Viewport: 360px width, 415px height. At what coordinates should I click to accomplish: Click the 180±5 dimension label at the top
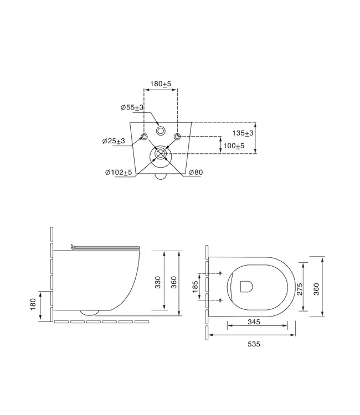(x=161, y=84)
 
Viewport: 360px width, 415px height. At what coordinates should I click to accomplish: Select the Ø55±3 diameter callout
(x=132, y=107)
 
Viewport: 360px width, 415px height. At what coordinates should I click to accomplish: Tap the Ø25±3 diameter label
(x=114, y=141)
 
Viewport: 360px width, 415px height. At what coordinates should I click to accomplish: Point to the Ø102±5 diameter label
(x=119, y=173)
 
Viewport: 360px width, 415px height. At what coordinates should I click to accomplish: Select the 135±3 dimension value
(x=243, y=133)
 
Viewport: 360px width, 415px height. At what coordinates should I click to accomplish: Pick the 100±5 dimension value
(x=233, y=146)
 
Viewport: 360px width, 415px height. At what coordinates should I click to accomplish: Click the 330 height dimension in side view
(x=157, y=282)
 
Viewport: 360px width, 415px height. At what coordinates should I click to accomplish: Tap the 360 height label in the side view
(x=173, y=282)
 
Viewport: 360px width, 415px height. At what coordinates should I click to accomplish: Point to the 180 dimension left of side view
(x=33, y=303)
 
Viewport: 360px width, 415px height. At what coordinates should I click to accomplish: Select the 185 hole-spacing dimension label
(x=194, y=287)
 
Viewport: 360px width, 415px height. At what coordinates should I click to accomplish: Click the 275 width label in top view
(x=300, y=288)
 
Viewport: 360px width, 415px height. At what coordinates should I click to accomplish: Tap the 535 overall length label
(x=253, y=344)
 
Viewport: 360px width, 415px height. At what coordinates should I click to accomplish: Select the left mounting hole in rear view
(x=144, y=137)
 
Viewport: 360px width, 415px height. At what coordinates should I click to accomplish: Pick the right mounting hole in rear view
(x=177, y=137)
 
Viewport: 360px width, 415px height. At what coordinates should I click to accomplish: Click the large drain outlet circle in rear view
(x=161, y=155)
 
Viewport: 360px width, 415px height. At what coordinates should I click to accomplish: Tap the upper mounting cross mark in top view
(x=220, y=273)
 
